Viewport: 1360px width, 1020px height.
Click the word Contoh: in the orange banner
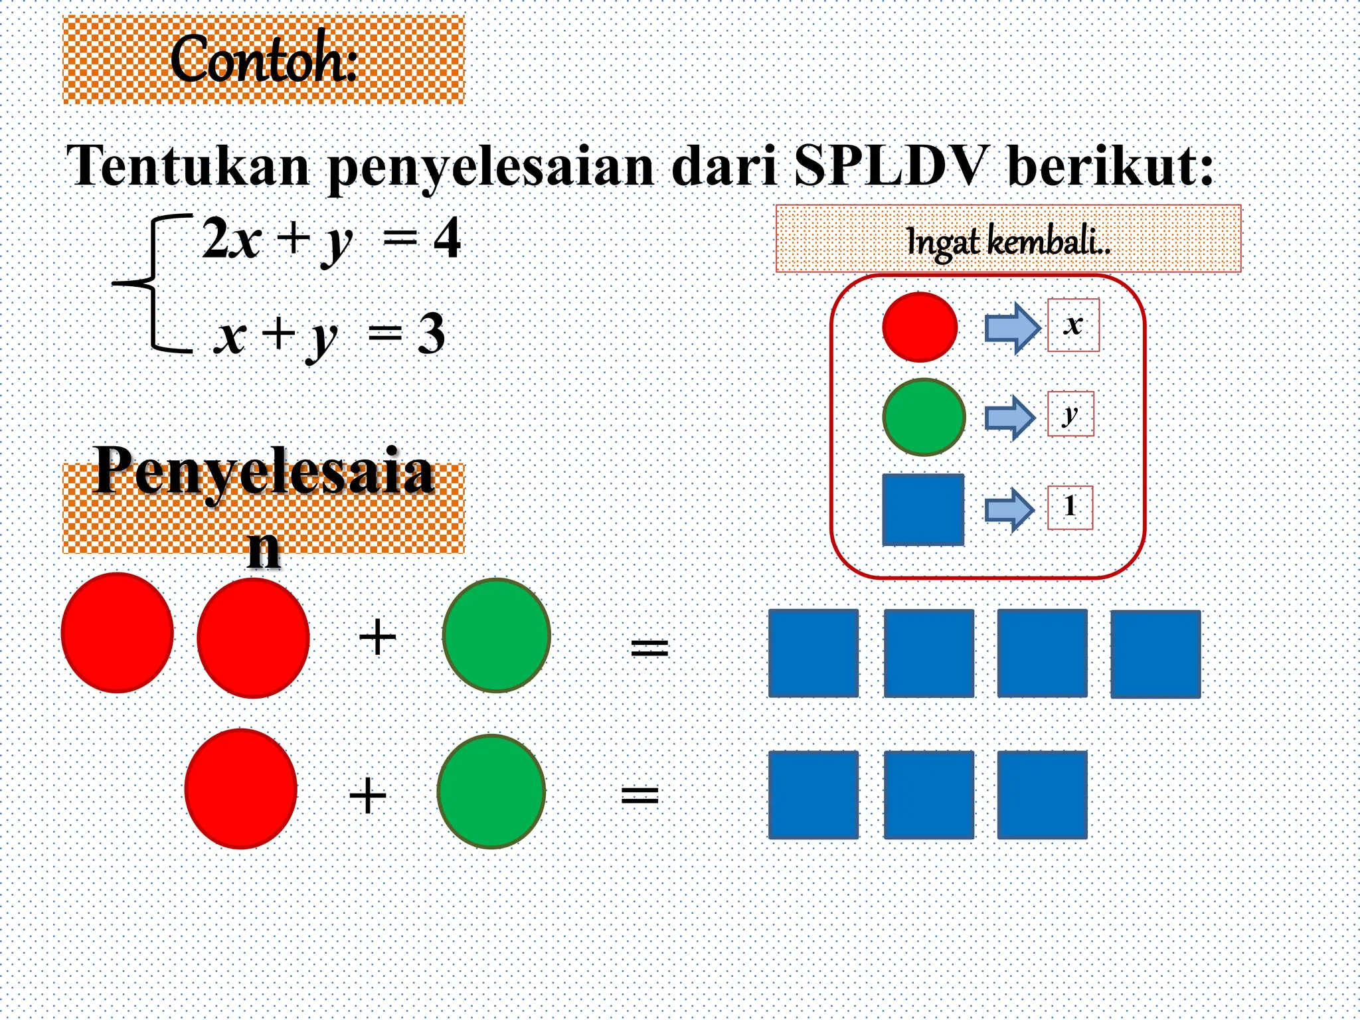pyautogui.click(x=264, y=60)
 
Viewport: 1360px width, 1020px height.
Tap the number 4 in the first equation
pyautogui.click(x=447, y=238)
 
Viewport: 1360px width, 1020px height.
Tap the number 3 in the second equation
pyautogui.click(x=431, y=334)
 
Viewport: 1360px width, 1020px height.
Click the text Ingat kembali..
pyautogui.click(x=1007, y=240)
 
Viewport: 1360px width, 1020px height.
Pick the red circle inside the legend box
pyautogui.click(x=920, y=327)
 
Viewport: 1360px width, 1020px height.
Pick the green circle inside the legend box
pyautogui.click(x=924, y=417)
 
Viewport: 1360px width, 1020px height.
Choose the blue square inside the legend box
pyautogui.click(x=923, y=509)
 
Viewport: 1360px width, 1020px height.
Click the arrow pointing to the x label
pyautogui.click(x=1011, y=327)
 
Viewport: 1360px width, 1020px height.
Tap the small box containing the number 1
pyautogui.click(x=1070, y=508)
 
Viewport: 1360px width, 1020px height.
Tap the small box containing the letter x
pyautogui.click(x=1073, y=325)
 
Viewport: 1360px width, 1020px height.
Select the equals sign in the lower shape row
pyautogui.click(x=639, y=795)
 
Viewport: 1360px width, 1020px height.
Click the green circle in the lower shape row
pyautogui.click(x=491, y=791)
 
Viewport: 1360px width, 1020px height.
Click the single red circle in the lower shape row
pyautogui.click(x=240, y=788)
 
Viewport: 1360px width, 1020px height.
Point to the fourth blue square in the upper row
pyautogui.click(x=1155, y=654)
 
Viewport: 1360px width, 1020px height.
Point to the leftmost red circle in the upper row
pyautogui.click(x=118, y=632)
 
